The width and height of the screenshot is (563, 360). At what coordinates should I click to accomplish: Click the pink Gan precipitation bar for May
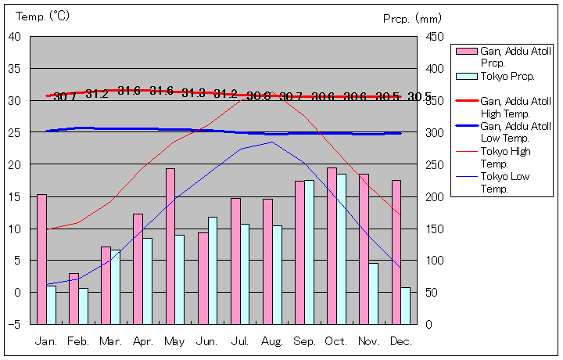pos(170,246)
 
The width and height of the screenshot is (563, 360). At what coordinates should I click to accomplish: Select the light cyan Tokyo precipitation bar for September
pos(309,252)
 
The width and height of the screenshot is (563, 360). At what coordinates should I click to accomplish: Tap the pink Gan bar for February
pos(74,298)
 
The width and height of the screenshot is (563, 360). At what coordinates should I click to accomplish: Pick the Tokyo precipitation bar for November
pos(373,293)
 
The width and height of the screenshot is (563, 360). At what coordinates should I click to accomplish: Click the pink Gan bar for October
pos(332,246)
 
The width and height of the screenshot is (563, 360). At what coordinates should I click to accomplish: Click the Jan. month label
pos(46,342)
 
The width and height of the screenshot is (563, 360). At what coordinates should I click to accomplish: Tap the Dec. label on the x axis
pos(400,342)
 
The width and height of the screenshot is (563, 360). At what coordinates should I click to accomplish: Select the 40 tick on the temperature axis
pos(15,37)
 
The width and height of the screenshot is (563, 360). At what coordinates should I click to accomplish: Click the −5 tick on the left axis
pos(15,324)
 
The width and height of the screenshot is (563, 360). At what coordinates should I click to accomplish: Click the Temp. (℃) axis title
pos(43,16)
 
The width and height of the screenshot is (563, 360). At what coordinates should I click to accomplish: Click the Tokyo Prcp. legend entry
pos(507,77)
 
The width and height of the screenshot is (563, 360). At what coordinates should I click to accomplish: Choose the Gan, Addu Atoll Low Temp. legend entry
pos(515,131)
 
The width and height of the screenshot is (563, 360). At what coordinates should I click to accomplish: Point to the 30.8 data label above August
pos(258,96)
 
